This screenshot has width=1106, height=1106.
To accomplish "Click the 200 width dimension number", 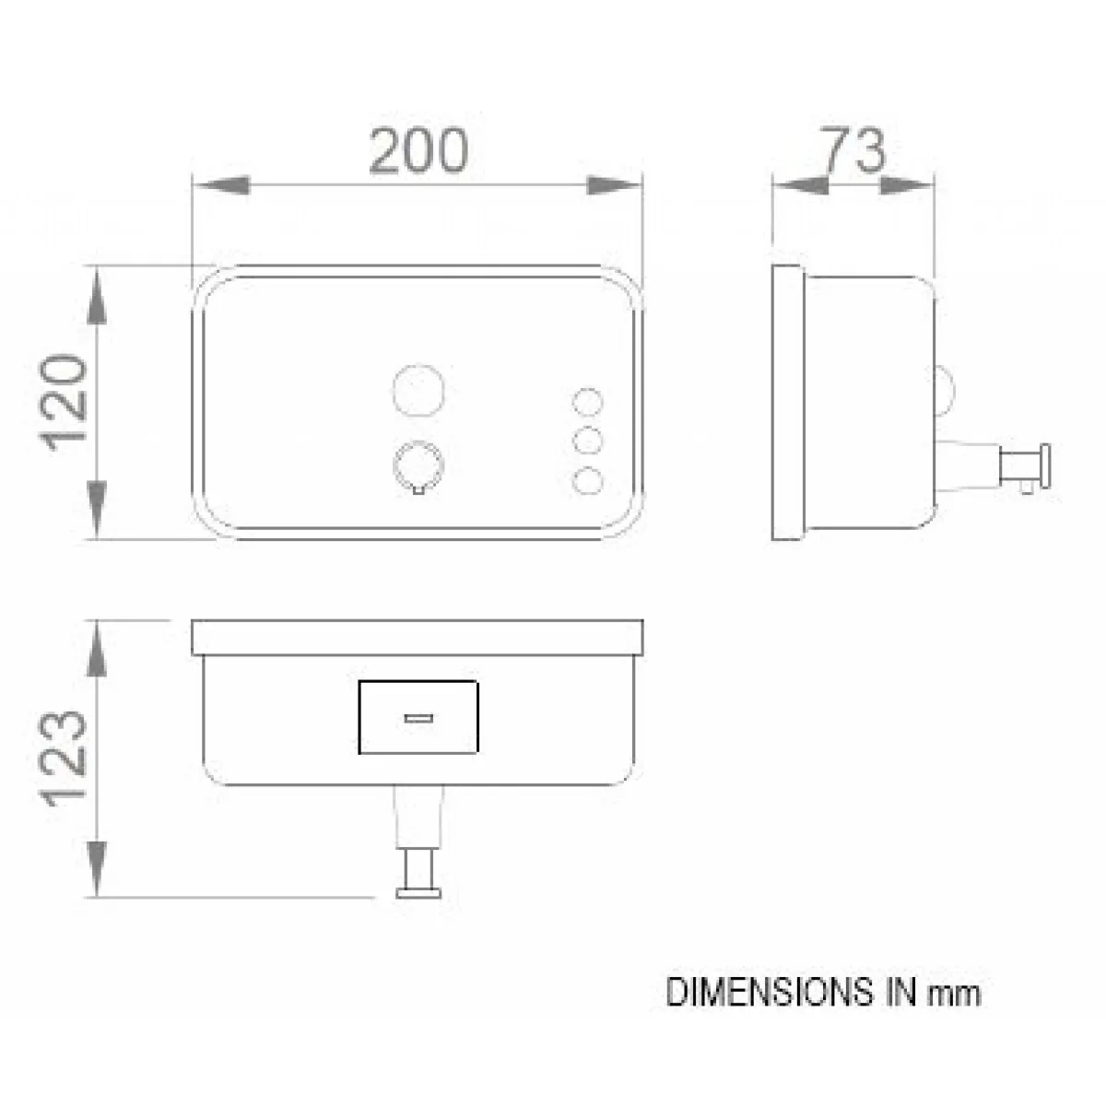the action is [x=418, y=150].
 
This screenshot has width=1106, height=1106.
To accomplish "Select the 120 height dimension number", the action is [x=64, y=403].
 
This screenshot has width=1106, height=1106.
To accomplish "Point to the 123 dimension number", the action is [x=64, y=759].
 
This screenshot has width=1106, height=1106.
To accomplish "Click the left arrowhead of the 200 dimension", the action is [x=221, y=185].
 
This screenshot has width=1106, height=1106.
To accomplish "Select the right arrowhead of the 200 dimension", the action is [x=614, y=185].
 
